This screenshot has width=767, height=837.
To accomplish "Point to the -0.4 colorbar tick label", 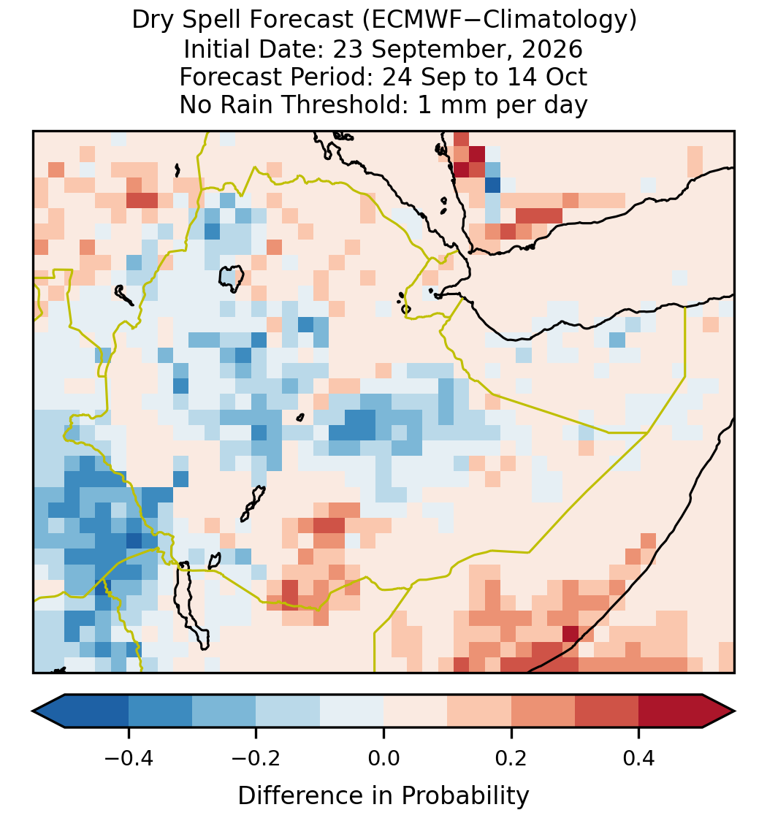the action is pyautogui.click(x=129, y=757).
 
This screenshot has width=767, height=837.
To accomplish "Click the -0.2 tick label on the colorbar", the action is pyautogui.click(x=256, y=757).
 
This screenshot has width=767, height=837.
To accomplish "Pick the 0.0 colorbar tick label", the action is pyautogui.click(x=383, y=757).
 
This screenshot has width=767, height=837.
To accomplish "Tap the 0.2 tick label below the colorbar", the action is pyautogui.click(x=511, y=757).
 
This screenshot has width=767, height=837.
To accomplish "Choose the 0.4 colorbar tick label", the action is pyautogui.click(x=639, y=757).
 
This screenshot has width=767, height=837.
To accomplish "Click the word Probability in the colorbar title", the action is pyautogui.click(x=465, y=796).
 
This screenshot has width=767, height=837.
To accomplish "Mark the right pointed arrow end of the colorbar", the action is pyautogui.click(x=734, y=711).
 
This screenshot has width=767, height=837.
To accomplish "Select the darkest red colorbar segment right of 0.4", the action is pyautogui.click(x=671, y=711).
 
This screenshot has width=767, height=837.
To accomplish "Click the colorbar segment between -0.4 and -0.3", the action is pyautogui.click(x=160, y=711).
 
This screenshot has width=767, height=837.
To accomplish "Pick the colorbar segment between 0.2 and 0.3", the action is pyautogui.click(x=543, y=711).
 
